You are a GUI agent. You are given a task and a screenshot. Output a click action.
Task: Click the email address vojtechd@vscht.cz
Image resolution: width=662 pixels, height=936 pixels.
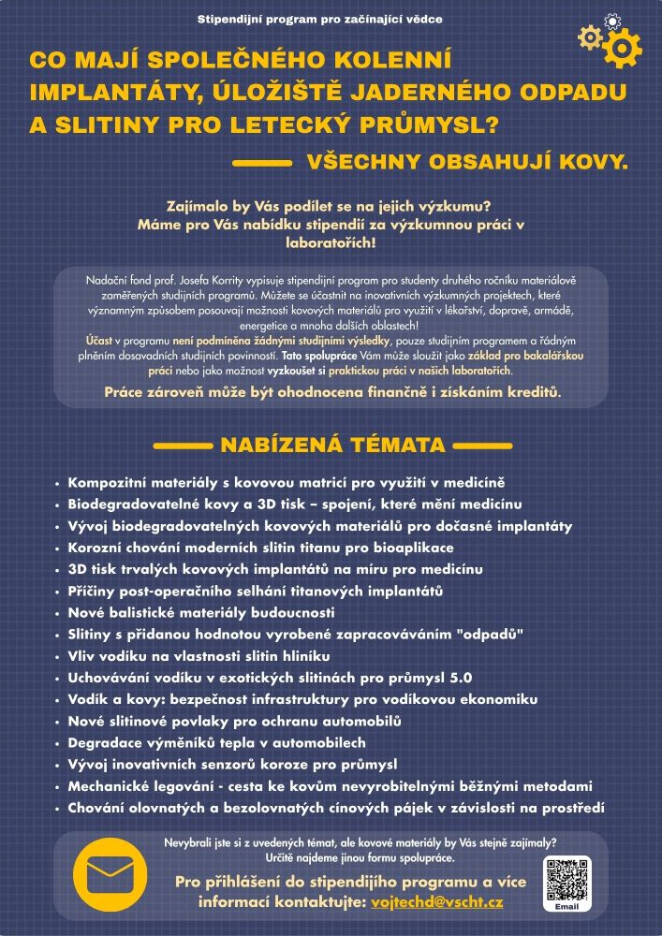(x=437, y=902)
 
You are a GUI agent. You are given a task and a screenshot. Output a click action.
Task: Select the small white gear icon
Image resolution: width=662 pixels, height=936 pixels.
(x=612, y=21)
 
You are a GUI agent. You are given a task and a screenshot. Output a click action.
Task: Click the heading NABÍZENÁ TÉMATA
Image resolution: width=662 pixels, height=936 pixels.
(x=332, y=445)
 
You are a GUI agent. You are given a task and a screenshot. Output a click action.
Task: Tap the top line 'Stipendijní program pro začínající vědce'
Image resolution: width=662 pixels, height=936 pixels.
(x=320, y=19)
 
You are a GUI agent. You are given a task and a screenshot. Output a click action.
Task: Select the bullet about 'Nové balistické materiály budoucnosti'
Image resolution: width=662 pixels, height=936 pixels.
(x=201, y=613)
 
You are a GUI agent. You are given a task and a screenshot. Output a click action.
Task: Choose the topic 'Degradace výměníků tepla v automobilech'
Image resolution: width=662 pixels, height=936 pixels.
(x=216, y=742)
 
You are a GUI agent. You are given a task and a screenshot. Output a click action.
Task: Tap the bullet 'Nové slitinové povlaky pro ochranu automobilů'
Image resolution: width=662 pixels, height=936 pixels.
(x=234, y=721)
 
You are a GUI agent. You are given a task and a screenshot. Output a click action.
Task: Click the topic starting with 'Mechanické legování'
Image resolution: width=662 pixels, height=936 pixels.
(x=330, y=785)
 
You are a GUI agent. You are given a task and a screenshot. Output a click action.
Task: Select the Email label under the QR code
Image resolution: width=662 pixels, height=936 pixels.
(x=567, y=907)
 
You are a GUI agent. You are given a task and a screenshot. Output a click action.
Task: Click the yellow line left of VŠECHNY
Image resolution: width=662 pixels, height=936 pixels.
(x=261, y=163)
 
